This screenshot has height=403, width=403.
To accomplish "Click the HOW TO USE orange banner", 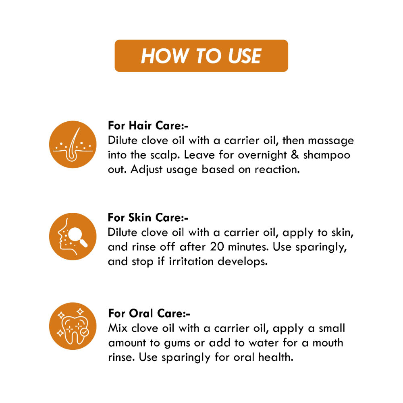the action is pyautogui.click(x=201, y=56).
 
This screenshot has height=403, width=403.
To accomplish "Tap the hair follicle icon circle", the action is pyautogui.click(x=73, y=144).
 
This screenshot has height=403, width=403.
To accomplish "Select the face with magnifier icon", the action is pyautogui.click(x=73, y=237).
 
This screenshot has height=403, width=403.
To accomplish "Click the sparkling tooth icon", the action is pyautogui.click(x=73, y=326).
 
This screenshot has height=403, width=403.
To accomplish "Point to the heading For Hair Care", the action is pyautogui.click(x=148, y=125).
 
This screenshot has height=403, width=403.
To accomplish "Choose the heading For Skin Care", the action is pyautogui.click(x=148, y=218).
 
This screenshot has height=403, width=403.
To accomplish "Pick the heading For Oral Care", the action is pyautogui.click(x=149, y=313).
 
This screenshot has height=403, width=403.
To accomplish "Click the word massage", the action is pyautogui.click(x=331, y=141).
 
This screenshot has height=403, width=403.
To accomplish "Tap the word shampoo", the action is pyautogui.click(x=326, y=156).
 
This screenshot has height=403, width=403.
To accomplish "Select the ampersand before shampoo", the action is pyautogui.click(x=295, y=155).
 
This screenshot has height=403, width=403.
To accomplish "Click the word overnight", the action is pyautogui.click(x=262, y=156).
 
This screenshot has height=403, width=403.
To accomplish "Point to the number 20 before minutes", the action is pyautogui.click(x=217, y=247).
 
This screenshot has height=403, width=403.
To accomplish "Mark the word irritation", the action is pyautogui.click(x=191, y=262).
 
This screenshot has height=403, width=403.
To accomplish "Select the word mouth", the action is pyautogui.click(x=328, y=343).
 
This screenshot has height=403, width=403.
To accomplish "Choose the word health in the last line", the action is pyautogui.click(x=276, y=357).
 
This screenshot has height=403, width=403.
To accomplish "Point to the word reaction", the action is pyautogui.click(x=277, y=169).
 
